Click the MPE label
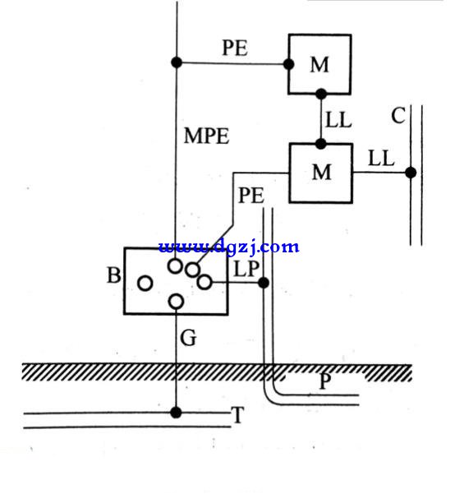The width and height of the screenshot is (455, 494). coord(207,136)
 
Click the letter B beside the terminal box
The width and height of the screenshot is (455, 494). coord(114,275)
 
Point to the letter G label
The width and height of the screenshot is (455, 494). coord(188,338)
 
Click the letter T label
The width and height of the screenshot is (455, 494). coord(237,414)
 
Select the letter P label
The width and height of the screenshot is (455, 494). coord(325,381)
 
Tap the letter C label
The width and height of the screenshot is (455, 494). coord(398,115)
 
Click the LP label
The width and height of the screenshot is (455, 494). coord(246,270)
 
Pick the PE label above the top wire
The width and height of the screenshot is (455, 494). coord(235,48)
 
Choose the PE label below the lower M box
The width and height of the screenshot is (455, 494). coord(251,196)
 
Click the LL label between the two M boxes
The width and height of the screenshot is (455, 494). coord(338,120)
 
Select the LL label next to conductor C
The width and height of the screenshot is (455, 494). coord(381,158)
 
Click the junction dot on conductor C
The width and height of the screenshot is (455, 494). coord(411,173)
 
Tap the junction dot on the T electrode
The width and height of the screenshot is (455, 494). coord(176,412)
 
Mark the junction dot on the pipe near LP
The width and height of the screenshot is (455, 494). coord(264,283)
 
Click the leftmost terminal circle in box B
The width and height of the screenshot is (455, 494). coord(145,283)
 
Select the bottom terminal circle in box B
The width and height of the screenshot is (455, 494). coord(176,302)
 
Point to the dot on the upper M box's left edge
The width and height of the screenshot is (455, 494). coord(288,64)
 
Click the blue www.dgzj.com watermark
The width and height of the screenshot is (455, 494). coord(228,247)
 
